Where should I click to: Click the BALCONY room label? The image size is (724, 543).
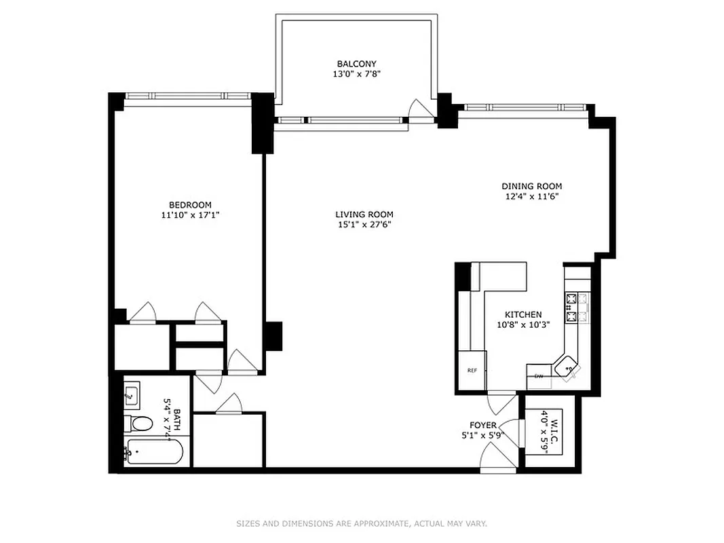356,64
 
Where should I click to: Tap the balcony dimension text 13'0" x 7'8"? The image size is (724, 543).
356,75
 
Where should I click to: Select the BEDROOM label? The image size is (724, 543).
190,205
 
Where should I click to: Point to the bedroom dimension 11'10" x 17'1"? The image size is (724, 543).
190,215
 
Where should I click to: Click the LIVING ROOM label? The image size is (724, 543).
364,214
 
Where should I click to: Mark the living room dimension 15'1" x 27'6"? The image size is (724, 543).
364,225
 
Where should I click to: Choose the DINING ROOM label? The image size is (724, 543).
531,186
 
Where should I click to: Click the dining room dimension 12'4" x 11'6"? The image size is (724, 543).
531,197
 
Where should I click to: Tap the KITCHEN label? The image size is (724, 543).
522,314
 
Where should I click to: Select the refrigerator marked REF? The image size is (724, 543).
472,371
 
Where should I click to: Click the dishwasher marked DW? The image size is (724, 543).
539,376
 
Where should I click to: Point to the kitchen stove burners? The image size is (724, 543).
577,307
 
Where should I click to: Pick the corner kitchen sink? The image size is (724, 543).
567,367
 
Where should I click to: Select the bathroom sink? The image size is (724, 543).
132,394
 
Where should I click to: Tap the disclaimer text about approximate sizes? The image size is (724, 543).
362,523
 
